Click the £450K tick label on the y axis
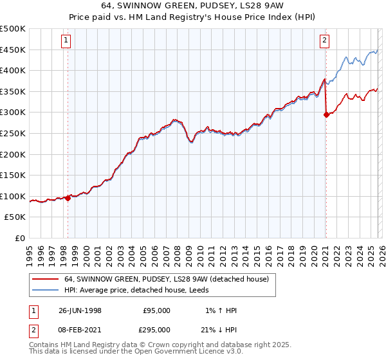pyautogui.click(x=13, y=50)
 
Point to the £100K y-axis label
pyautogui.click(x=13, y=196)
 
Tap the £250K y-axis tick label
pyautogui.click(x=13, y=133)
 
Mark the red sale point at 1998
pyautogui.click(x=68, y=198)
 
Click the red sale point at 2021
pyautogui.click(x=326, y=115)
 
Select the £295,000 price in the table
pyautogui.click(x=156, y=329)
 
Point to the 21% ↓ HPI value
pyautogui.click(x=219, y=329)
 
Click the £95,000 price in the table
pyautogui.click(x=156, y=310)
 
